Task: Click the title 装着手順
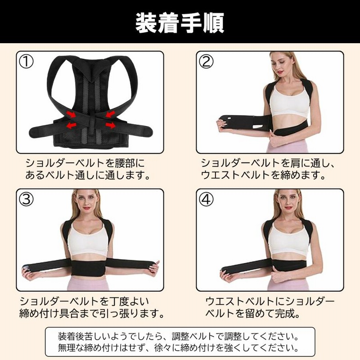(180, 22)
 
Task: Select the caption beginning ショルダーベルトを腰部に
(85, 162)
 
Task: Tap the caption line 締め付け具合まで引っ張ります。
(90, 312)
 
